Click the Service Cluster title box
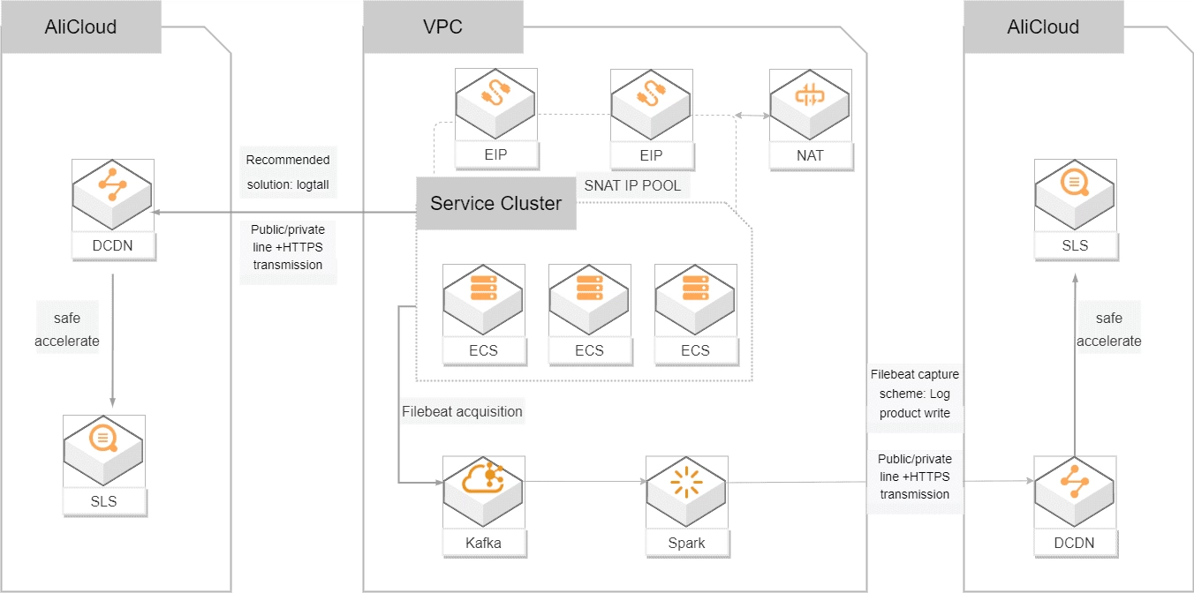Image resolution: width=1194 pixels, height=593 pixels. click(x=495, y=204)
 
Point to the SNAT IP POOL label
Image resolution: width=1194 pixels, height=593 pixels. click(x=632, y=185)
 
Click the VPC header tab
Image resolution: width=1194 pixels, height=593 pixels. click(x=442, y=26)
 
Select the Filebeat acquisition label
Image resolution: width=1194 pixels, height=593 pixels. click(x=462, y=411)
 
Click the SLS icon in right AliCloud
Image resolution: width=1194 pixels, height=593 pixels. click(x=1075, y=198)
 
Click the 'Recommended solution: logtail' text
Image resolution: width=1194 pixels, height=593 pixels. click(x=288, y=172)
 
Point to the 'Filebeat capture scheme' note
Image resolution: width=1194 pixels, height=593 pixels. click(x=915, y=394)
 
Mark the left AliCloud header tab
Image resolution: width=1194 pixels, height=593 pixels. click(x=80, y=26)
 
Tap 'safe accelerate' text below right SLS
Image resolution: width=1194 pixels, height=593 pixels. click(x=1108, y=329)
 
